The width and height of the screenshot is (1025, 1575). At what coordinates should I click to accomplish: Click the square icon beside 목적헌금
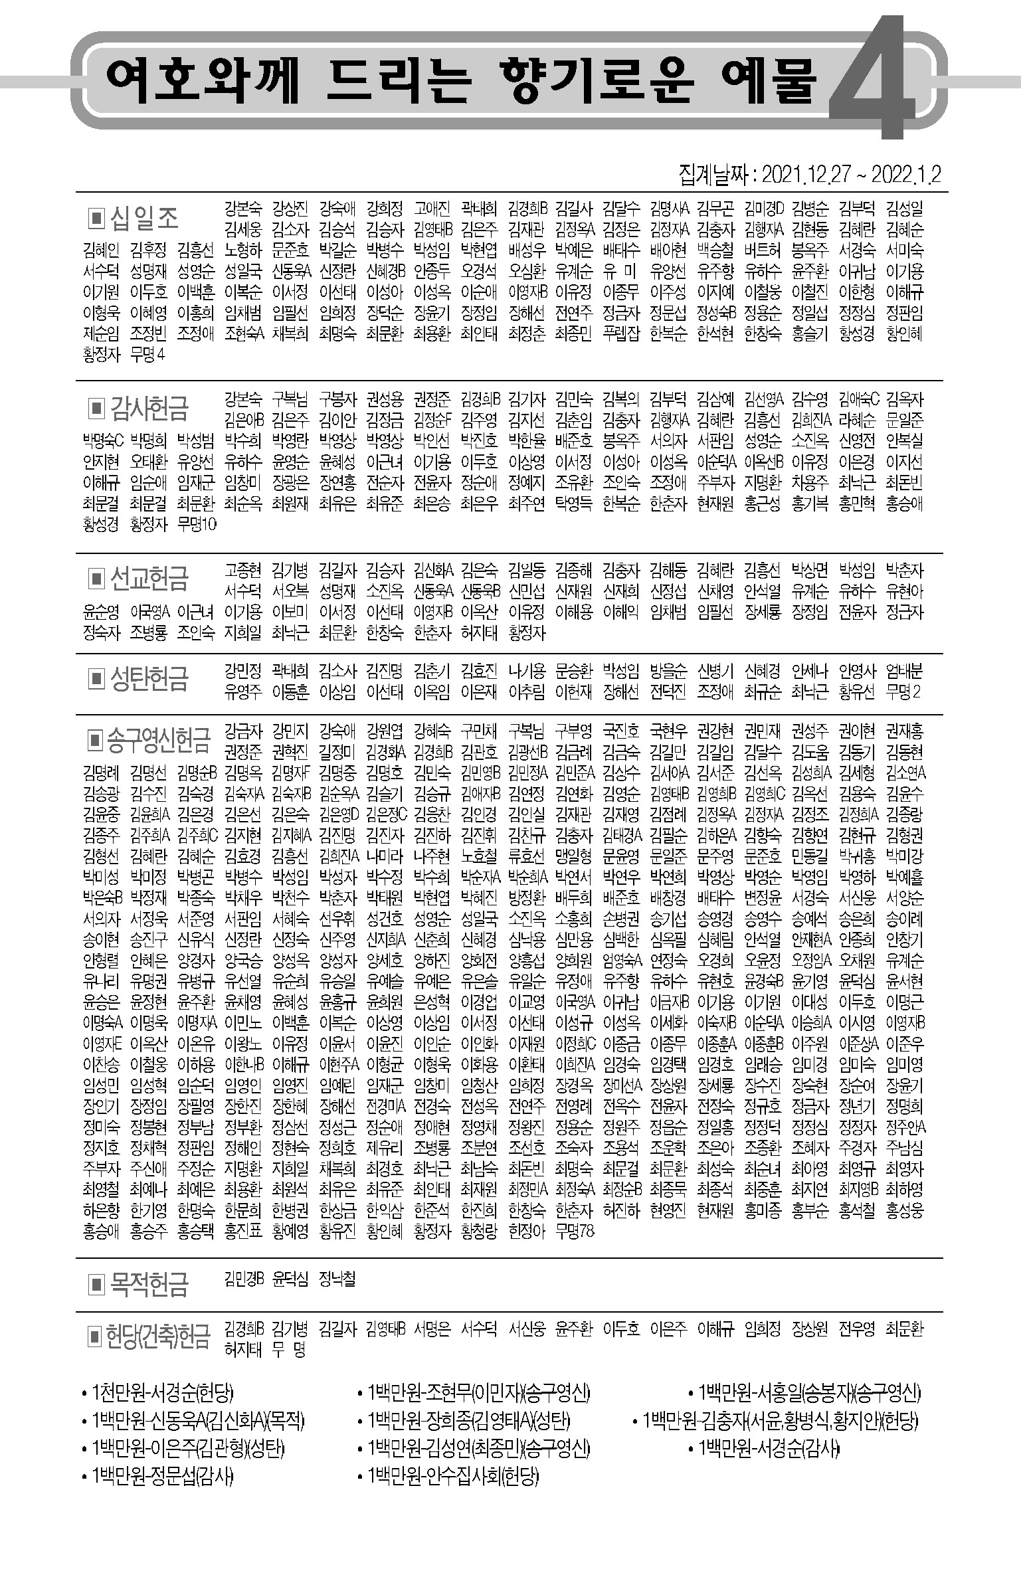pos(96,1285)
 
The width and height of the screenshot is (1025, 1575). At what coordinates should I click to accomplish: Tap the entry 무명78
pos(575,1231)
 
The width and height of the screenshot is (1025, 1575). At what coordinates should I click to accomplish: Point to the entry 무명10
pos(197,524)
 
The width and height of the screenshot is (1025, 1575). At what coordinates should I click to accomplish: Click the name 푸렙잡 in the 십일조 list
pos(620,333)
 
